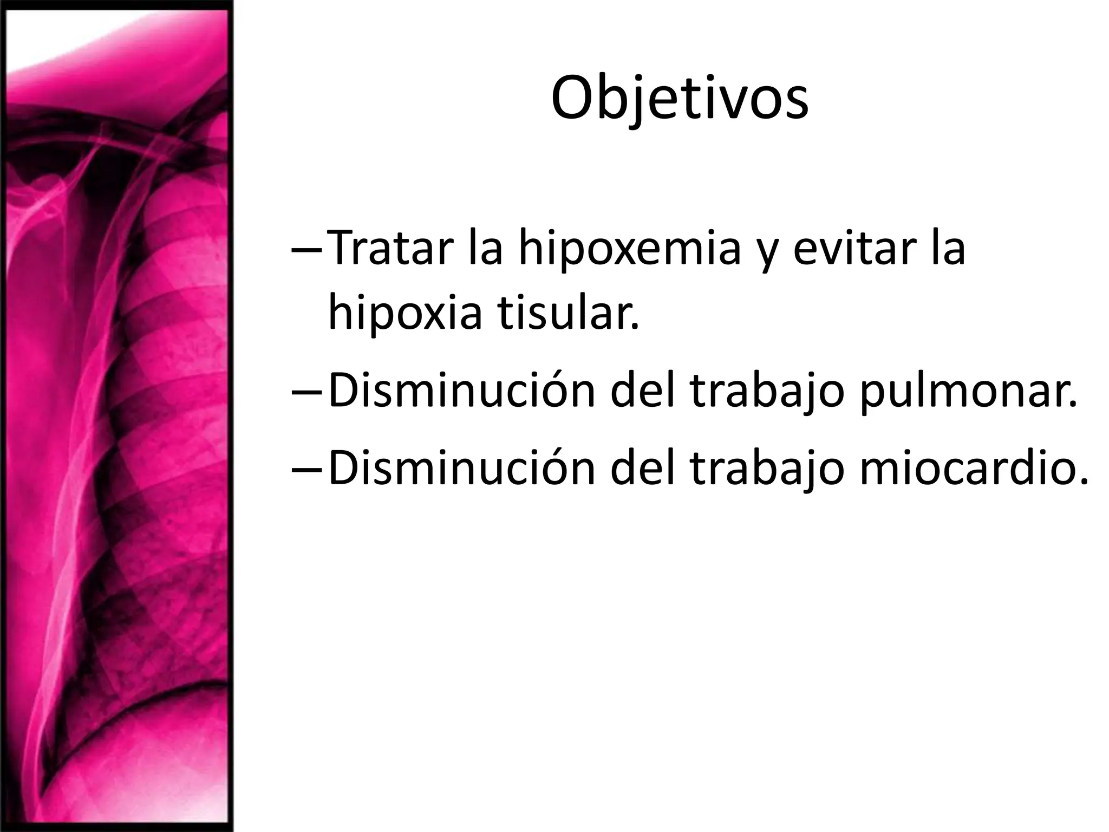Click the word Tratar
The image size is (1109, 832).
390,249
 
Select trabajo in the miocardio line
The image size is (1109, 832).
767,469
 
